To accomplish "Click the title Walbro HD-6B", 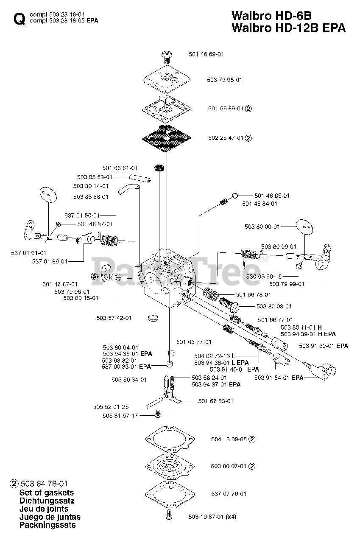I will point(271,16).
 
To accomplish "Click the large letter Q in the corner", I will point(19,19).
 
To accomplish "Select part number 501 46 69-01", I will point(206,54).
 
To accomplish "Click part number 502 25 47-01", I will point(226,138).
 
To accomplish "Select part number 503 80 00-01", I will point(262,227).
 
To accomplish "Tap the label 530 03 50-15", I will point(263,276).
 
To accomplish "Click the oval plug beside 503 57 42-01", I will point(152,317).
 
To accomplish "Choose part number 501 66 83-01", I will point(216,401).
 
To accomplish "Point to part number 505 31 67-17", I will point(120,416).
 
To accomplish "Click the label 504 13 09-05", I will point(229,439).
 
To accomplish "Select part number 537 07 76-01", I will point(229,493).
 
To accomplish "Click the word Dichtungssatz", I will point(47,501).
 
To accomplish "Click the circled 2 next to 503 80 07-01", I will point(251,466).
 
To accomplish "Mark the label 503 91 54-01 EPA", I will point(279,378).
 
